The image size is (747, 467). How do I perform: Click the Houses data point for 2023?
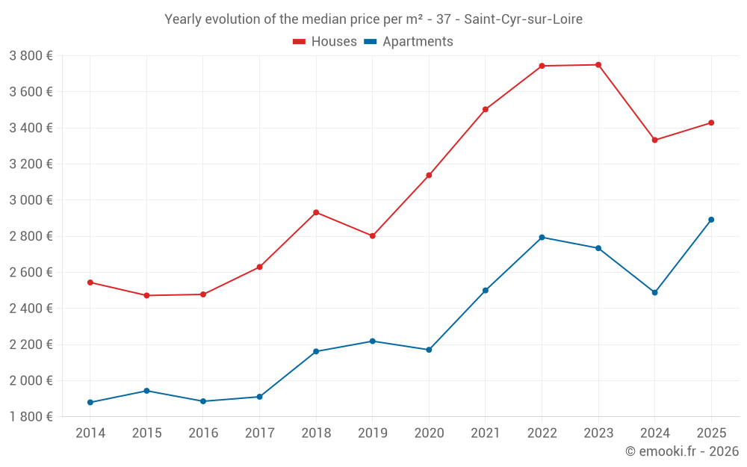598,65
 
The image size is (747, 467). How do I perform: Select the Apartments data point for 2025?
711,220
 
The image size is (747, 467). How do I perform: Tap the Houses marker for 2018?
316,212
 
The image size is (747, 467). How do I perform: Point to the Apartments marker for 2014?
90,403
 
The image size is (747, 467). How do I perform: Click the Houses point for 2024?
654,140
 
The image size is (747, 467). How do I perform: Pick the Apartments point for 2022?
542,238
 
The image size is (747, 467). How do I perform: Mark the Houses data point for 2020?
429,176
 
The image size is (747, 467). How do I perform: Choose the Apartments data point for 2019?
373,341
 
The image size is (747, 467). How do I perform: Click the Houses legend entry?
334,42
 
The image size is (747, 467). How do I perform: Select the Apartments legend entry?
418,42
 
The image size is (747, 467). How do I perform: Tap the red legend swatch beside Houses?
300,42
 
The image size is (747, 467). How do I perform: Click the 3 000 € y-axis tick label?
31,200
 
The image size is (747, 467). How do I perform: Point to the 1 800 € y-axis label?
31,417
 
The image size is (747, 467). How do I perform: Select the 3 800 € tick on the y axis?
31,56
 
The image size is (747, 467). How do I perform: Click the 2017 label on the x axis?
259,433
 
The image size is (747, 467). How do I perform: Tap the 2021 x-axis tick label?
486,433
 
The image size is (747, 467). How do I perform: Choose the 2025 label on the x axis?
711,433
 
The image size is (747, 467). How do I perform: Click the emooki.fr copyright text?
681,451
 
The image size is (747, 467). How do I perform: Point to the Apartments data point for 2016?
203,401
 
